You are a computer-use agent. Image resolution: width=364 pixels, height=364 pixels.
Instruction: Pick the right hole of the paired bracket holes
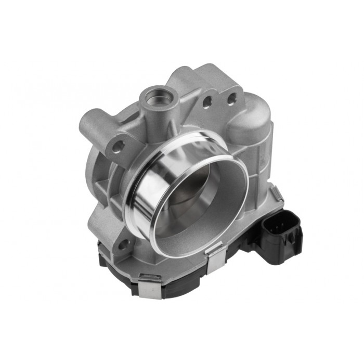click(x=231, y=97)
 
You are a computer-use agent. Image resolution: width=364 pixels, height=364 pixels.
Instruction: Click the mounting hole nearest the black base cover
click(x=123, y=243)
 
